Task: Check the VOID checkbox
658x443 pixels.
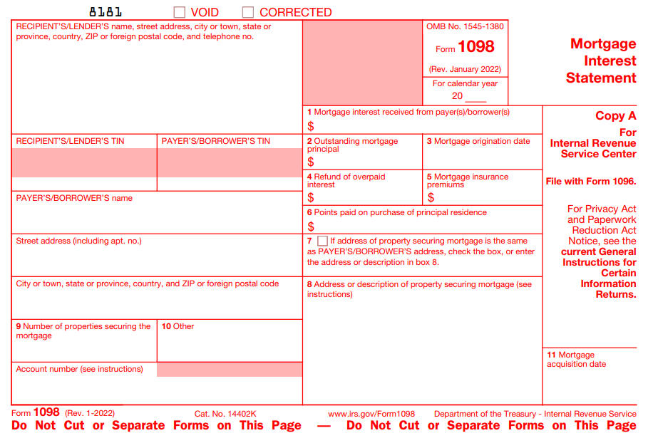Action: (x=180, y=12)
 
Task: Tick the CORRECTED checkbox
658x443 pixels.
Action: (x=248, y=12)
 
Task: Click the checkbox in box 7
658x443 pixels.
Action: (x=323, y=241)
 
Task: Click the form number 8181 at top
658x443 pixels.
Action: (x=106, y=12)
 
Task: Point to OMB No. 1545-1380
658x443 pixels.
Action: (x=465, y=27)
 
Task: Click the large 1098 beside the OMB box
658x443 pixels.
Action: (x=476, y=48)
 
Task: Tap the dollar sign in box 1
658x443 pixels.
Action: (x=311, y=126)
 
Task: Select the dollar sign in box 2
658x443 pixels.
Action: (x=311, y=162)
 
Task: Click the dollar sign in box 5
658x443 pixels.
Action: (x=431, y=197)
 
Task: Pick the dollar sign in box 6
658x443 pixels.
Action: (x=311, y=226)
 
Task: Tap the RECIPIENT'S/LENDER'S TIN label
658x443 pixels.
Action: (x=70, y=141)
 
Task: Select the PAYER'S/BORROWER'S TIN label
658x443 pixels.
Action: (x=216, y=141)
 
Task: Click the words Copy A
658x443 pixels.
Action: (x=615, y=116)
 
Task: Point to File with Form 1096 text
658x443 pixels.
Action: (x=590, y=182)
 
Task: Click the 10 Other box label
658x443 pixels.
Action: (x=178, y=326)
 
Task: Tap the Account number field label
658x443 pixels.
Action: (x=79, y=369)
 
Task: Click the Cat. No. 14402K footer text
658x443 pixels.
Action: (x=225, y=414)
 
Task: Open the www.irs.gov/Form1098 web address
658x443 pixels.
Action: (x=371, y=414)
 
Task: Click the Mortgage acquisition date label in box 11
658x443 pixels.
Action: (x=576, y=359)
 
